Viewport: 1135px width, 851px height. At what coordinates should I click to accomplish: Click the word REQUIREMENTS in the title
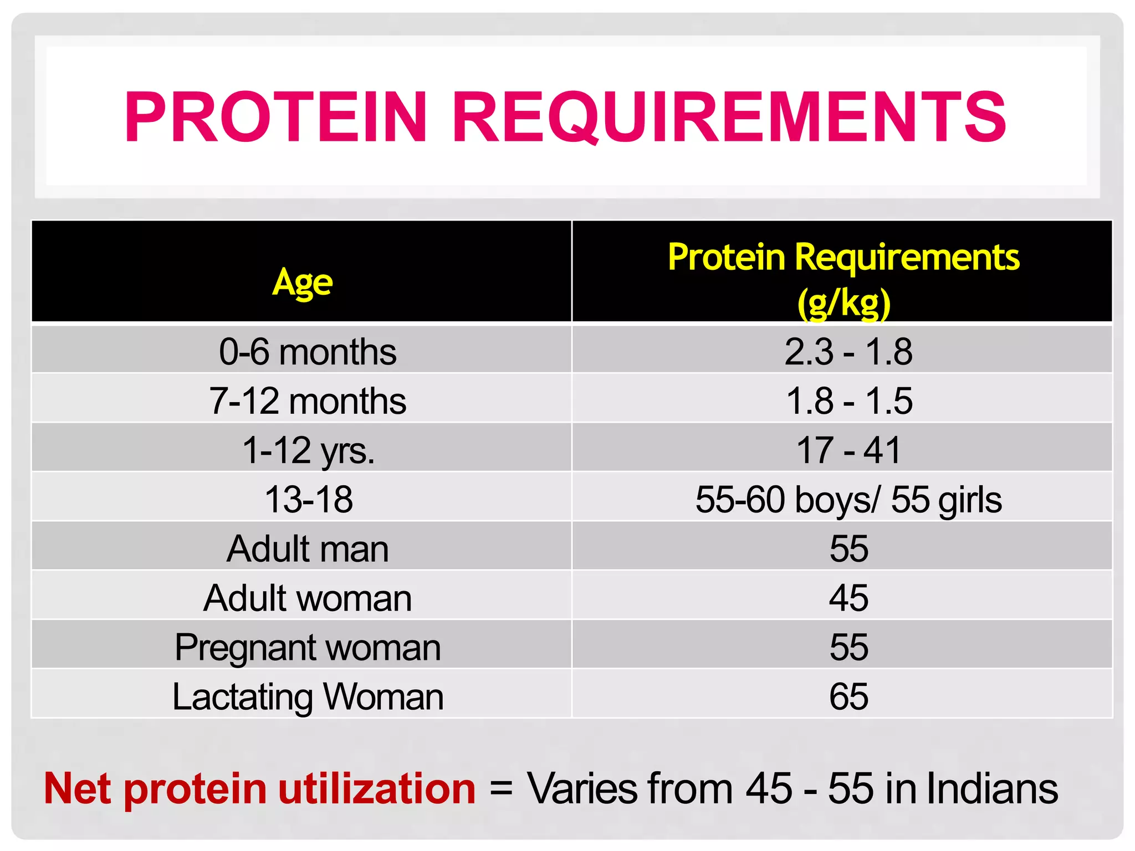[729, 117]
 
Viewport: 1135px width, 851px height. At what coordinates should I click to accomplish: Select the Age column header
[302, 283]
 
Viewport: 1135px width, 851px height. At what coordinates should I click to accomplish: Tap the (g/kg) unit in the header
[843, 303]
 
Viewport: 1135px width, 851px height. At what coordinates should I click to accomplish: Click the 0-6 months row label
[308, 352]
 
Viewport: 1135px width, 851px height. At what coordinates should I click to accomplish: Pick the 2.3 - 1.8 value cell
[848, 352]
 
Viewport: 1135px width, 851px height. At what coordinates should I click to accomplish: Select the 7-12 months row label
[308, 401]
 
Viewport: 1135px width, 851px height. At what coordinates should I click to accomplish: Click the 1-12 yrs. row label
[308, 450]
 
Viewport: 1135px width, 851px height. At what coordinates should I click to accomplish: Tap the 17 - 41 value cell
[848, 450]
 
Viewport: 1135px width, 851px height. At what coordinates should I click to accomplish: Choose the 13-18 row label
[308, 499]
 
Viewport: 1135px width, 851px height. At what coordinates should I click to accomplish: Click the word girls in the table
[970, 500]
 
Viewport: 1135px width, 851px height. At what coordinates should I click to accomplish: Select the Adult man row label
[308, 548]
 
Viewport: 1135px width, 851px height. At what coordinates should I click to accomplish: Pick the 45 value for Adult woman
[848, 598]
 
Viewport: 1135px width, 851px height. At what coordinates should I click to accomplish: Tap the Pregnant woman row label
[308, 647]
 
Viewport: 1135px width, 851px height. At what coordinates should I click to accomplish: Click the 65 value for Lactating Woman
[848, 696]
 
